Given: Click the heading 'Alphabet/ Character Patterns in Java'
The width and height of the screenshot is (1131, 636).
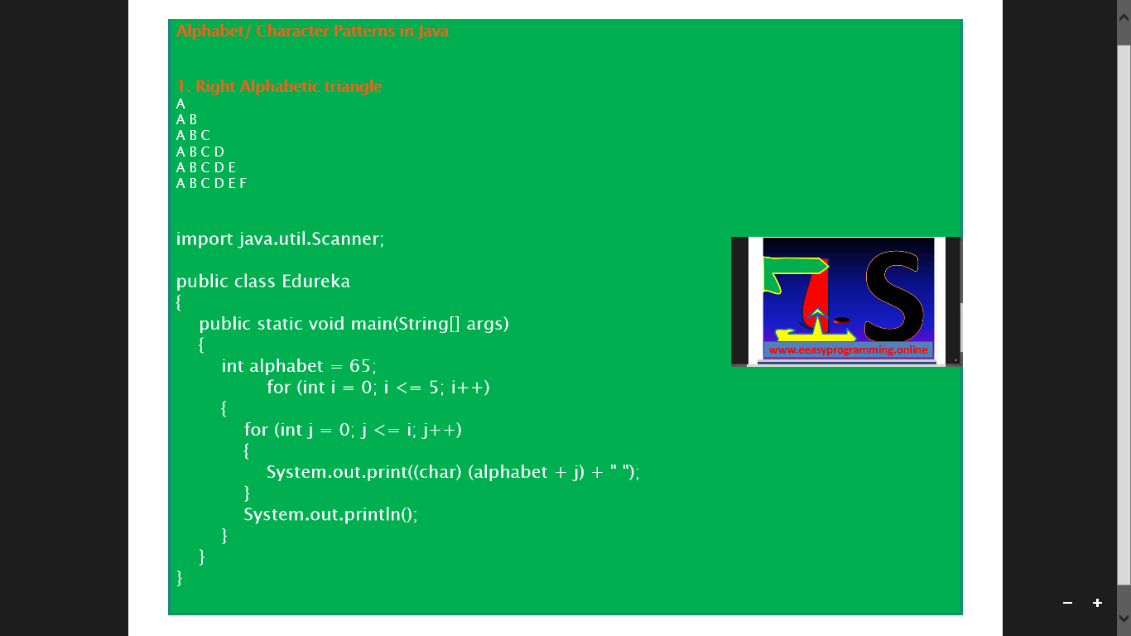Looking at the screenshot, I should pos(312,31).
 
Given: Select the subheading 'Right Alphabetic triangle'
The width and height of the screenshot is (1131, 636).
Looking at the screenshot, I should pos(288,87).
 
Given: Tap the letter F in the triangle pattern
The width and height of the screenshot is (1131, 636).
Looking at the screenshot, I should pos(243,183).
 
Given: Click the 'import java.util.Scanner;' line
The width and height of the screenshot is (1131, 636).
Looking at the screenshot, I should pos(280,239).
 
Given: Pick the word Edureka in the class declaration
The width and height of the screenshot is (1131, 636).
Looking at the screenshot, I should pos(315,282).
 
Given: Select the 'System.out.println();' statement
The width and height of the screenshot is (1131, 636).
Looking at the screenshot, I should pos(330,514).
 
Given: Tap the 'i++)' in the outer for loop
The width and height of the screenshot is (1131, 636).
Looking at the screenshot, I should pos(470,388).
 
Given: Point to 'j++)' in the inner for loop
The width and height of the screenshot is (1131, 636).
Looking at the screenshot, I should pos(441,430).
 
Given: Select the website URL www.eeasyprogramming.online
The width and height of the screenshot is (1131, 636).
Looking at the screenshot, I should pos(848,350).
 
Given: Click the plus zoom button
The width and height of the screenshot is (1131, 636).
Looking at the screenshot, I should pos(1097,603).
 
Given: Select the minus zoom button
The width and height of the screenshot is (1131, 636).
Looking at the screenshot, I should pos(1067,603).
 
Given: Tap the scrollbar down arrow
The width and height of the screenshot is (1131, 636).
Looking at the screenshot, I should pos(1124,618).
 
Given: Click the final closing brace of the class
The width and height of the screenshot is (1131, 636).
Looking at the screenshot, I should pos(180,577).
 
